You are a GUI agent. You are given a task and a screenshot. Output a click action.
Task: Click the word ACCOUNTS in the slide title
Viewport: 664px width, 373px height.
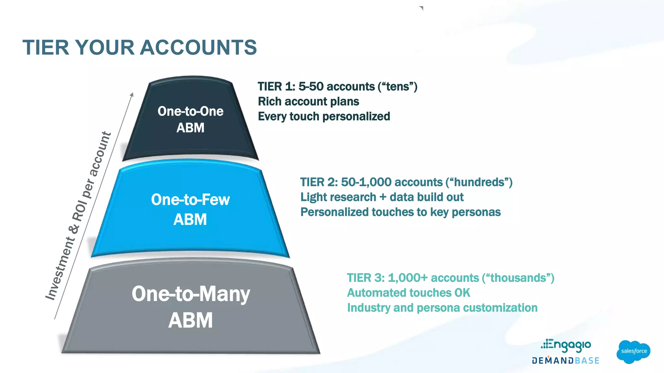click(198, 48)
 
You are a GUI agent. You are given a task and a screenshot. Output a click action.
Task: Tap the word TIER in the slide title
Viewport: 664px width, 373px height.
click(46, 48)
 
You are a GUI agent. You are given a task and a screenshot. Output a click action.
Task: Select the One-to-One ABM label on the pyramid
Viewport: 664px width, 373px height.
click(190, 119)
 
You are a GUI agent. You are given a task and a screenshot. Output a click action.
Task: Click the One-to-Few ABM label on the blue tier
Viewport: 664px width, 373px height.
click(190, 209)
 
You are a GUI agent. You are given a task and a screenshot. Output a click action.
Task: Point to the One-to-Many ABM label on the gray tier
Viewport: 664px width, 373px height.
click(191, 307)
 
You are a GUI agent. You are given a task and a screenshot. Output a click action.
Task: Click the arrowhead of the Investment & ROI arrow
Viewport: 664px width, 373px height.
click(132, 95)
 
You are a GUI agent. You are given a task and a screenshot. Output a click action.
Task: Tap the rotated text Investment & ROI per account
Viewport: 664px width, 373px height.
click(78, 216)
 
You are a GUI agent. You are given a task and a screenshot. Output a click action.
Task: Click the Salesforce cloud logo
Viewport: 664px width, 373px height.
click(633, 351)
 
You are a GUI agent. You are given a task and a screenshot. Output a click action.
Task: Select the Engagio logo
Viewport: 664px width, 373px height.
click(566, 345)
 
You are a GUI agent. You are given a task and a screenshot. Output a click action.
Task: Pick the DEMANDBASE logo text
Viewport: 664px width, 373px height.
click(565, 361)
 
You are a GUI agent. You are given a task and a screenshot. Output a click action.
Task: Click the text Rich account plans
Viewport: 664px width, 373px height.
click(308, 102)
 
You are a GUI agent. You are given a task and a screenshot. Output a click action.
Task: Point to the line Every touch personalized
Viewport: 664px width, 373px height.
click(324, 117)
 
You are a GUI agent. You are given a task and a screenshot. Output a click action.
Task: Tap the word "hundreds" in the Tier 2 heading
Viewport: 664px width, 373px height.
click(479, 182)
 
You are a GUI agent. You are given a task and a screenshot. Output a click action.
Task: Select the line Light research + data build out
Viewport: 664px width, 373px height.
click(382, 197)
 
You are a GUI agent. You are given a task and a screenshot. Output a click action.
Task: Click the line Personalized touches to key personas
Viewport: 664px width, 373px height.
click(400, 212)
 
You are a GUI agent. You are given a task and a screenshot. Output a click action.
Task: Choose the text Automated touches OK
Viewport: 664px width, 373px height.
click(408, 293)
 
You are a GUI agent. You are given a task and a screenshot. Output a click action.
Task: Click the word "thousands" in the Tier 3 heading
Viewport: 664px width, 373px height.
click(518, 278)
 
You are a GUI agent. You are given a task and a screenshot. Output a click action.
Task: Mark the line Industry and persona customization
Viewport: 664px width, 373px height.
click(442, 308)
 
